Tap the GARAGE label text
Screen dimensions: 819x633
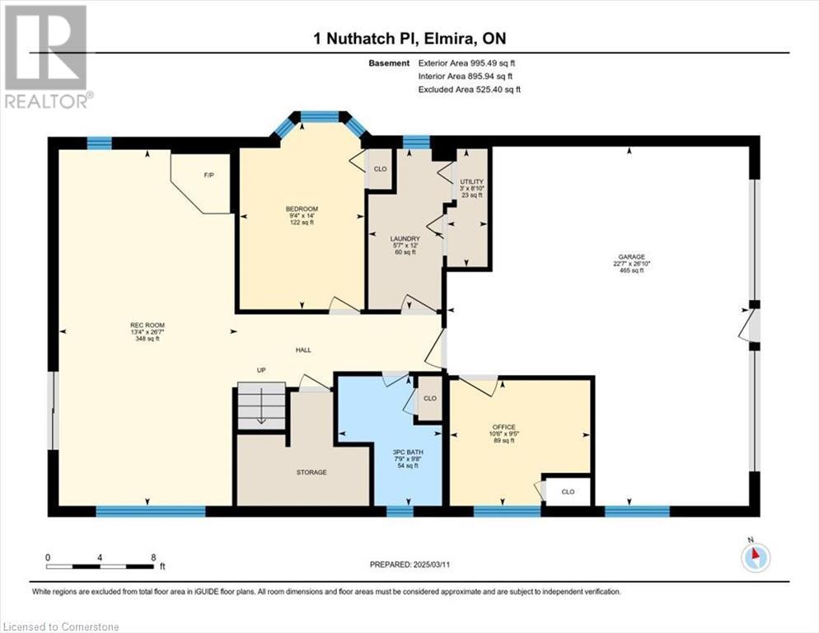click(631, 256)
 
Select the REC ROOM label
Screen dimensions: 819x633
click(147, 325)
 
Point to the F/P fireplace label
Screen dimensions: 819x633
click(209, 175)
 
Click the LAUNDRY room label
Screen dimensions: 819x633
click(405, 239)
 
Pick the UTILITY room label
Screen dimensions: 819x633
click(471, 182)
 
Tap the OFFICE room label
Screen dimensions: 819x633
click(503, 427)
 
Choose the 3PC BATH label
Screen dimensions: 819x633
click(409, 452)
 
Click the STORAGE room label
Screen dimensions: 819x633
click(311, 472)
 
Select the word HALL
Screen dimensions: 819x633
click(303, 349)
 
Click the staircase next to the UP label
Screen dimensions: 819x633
click(262, 406)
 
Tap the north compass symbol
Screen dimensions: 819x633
click(756, 556)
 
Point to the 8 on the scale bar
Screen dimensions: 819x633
click(153, 557)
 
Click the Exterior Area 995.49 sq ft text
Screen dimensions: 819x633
click(466, 63)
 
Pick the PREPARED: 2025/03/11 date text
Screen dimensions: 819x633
click(409, 565)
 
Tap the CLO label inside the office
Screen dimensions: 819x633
click(568, 492)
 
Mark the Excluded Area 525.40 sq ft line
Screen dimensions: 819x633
click(469, 89)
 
